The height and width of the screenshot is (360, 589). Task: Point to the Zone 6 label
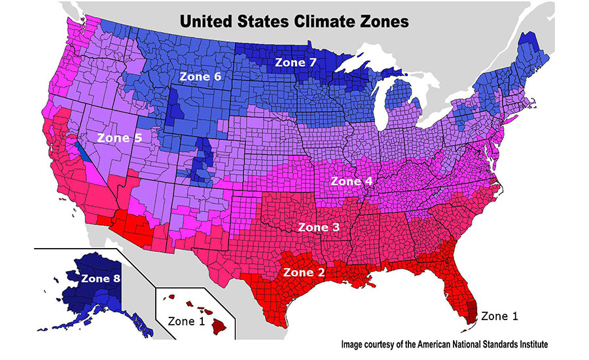200,77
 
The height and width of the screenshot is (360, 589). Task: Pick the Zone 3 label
319,227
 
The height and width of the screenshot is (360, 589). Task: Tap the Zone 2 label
304,271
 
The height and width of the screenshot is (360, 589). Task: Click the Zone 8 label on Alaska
101,278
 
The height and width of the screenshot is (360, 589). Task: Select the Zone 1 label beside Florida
501,316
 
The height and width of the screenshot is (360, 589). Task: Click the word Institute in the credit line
527,344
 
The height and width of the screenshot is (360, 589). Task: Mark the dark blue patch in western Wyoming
174,108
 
